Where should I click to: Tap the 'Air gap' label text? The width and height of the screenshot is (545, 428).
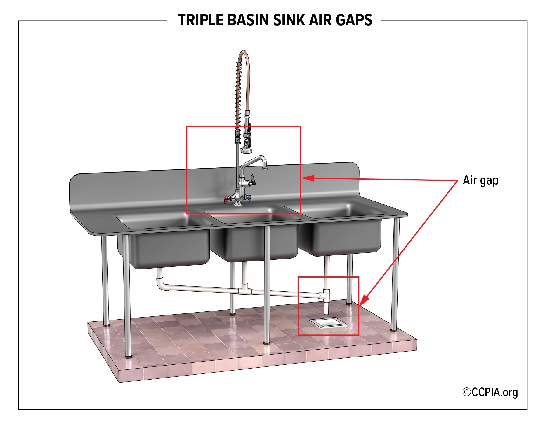coord(480,180)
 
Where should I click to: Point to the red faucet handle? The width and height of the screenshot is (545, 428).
coord(226,200)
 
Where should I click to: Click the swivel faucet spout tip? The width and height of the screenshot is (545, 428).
coord(264,168)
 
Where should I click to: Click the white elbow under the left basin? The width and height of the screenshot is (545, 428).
coord(162,284)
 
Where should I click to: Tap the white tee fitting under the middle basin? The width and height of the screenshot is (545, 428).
coord(244,290)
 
